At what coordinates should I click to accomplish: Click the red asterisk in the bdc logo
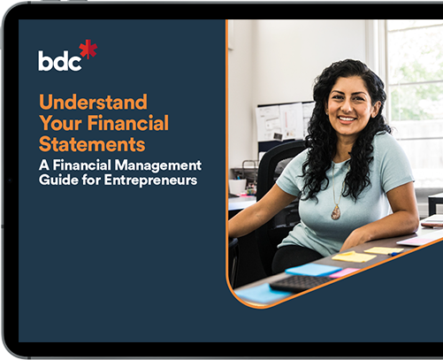point(88,50)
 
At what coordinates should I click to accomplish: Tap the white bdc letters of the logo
point(58,60)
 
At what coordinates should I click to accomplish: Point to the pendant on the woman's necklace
point(335,211)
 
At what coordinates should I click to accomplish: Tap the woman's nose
point(346,105)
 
